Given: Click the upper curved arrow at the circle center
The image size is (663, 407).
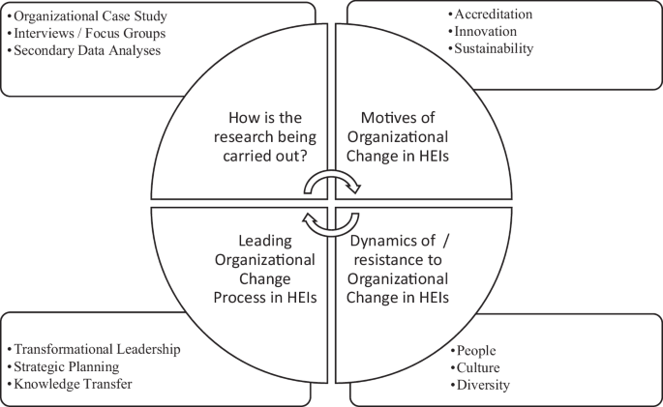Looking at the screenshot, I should [334, 182].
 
